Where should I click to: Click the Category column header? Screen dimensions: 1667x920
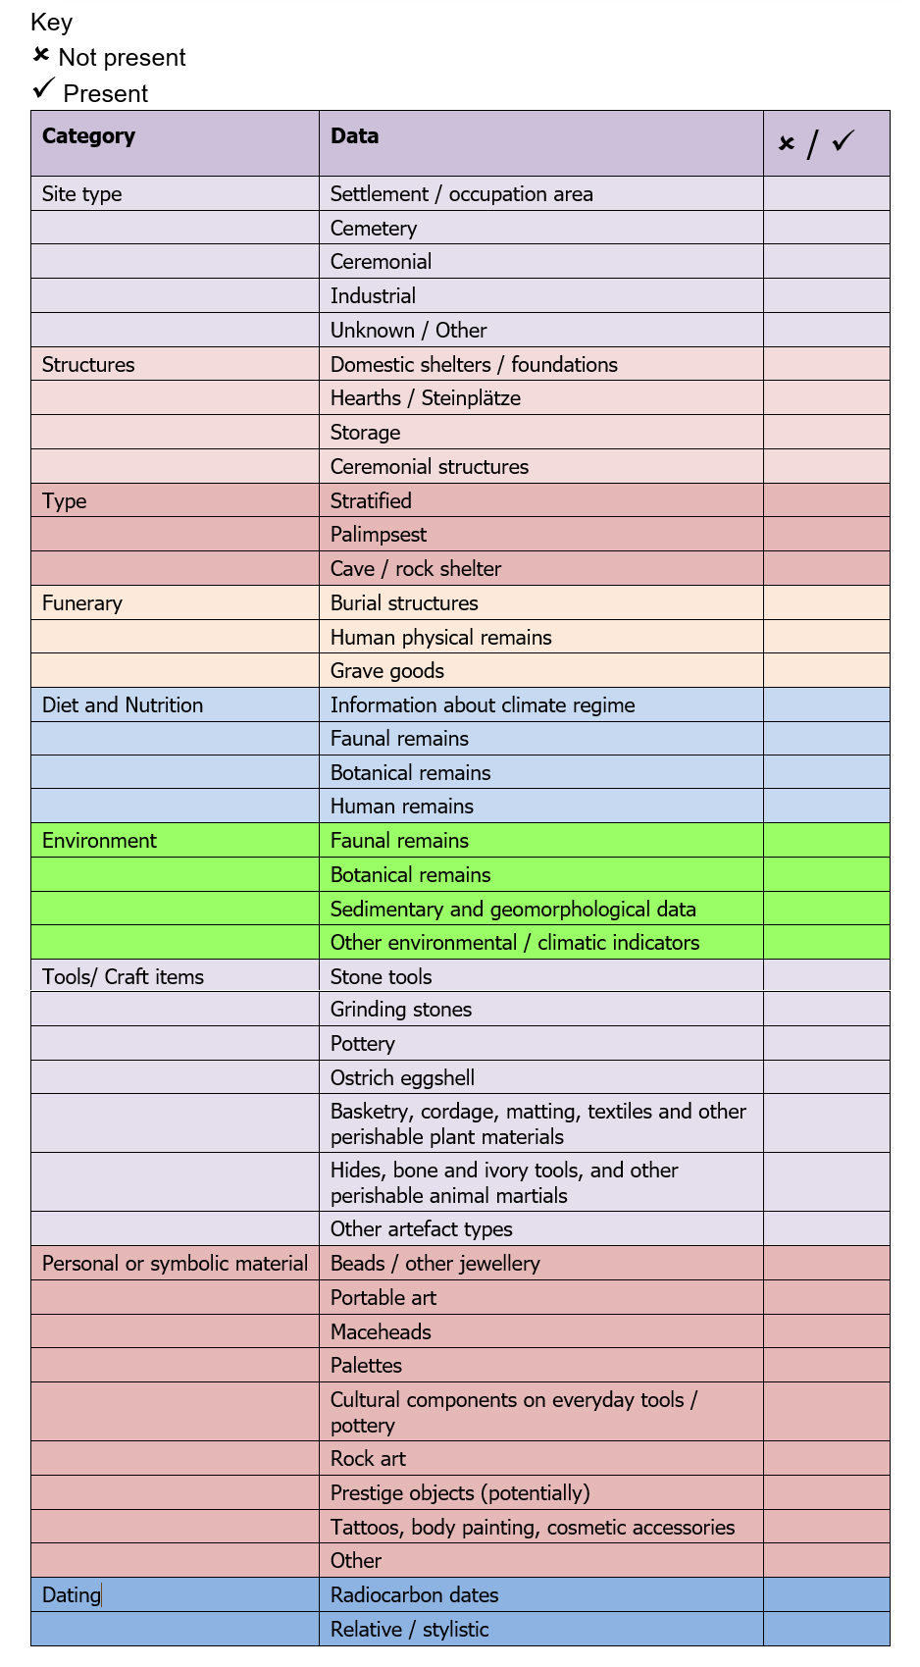pos(89,136)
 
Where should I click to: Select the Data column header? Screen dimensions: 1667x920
pos(354,136)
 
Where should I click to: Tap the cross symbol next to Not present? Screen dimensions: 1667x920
pos(41,55)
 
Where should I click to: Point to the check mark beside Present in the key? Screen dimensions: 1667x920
pos(43,89)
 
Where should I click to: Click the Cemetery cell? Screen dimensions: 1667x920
pos(374,229)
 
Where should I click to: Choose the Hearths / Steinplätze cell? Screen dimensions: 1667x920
pos(425,398)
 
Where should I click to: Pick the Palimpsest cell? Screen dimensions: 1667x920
pos(379,535)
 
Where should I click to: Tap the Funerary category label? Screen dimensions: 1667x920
pos(82,603)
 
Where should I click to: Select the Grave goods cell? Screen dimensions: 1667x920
pos(387,671)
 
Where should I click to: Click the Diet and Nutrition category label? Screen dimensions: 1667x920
pos(123,705)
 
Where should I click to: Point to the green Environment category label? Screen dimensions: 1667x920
pos(99,841)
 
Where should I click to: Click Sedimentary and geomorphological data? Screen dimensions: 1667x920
pos(513,910)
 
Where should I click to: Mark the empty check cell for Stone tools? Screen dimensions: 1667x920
pos(826,976)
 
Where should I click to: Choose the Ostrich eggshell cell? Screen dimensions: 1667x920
pos(402,1078)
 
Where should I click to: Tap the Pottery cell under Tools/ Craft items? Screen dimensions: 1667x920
pos(363,1044)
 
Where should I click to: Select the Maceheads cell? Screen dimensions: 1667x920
pos(381,1332)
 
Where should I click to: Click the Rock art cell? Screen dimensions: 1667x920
pos(368,1459)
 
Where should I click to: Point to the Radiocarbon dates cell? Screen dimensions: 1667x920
pos(414,1595)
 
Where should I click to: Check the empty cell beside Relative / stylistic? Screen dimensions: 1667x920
pos(826,1630)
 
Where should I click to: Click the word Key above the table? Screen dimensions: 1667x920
pos(51,23)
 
